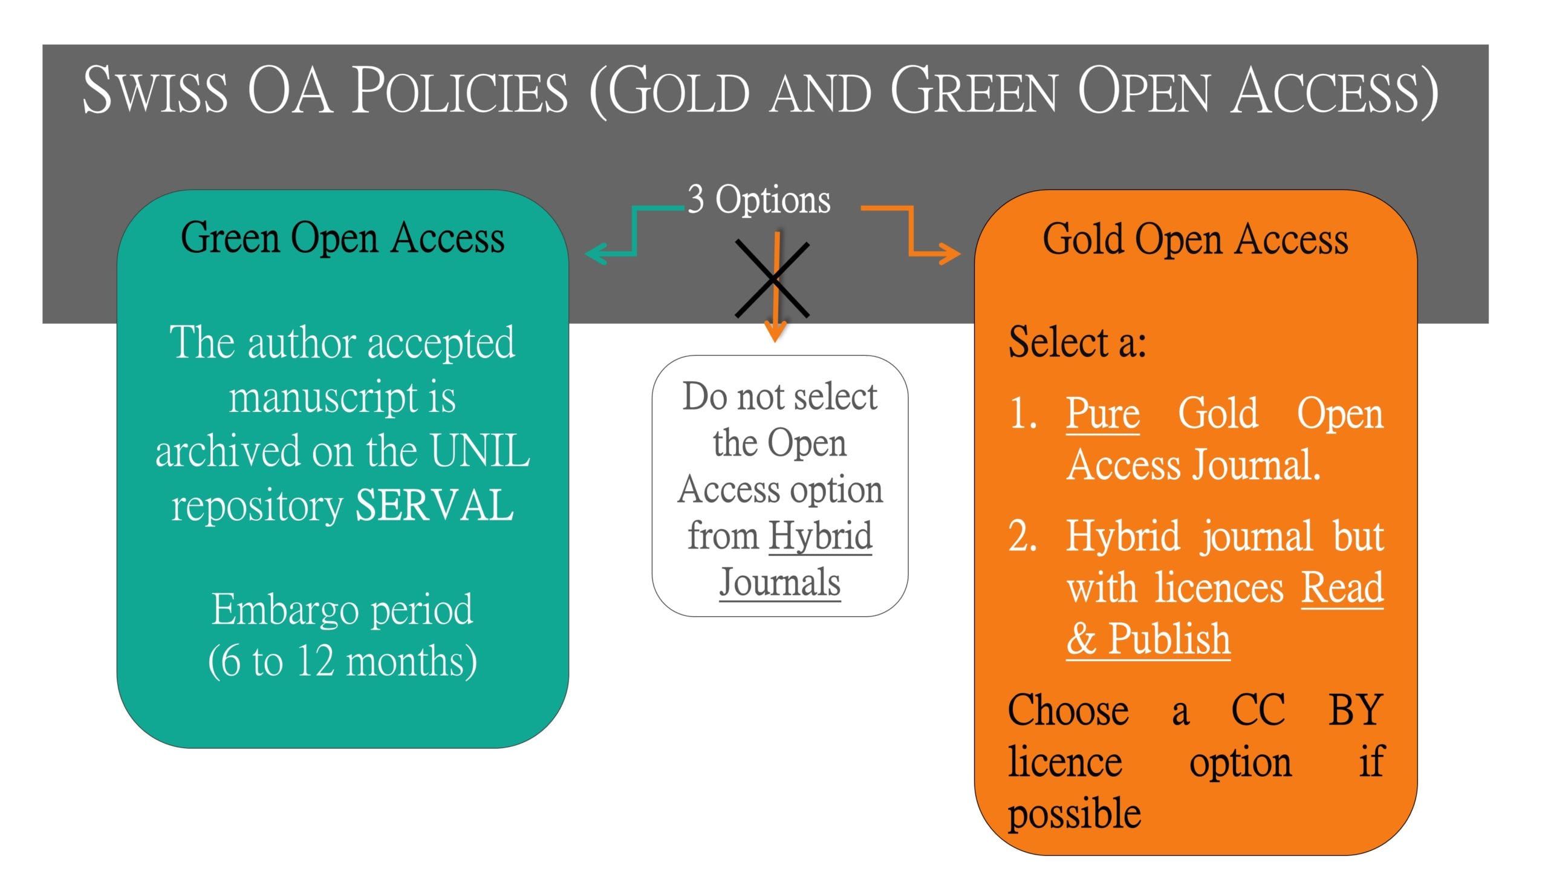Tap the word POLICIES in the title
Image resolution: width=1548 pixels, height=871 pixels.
pos(460,90)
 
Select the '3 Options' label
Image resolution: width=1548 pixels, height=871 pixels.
pos(759,199)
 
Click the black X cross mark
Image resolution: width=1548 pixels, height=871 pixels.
pos(772,279)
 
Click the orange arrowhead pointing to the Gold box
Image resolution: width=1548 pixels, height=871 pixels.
pos(949,253)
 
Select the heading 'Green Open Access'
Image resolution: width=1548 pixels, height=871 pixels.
pos(342,238)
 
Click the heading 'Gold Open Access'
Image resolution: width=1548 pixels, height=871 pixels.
pos(1195,239)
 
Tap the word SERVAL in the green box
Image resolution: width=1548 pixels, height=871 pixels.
pos(434,506)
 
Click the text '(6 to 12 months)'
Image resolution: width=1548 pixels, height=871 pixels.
pos(342,662)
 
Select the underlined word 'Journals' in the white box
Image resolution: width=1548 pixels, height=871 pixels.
pos(780,582)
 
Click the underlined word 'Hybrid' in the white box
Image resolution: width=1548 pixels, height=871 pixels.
pos(821,536)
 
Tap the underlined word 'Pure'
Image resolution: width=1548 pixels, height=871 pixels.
pos(1103,414)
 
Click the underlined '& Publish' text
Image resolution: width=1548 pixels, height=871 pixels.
pos(1148,639)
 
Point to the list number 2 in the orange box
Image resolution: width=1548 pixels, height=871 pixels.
pos(1023,536)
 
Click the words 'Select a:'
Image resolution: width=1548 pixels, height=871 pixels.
pos(1078,342)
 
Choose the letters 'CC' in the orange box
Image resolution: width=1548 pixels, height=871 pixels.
pos(1258,710)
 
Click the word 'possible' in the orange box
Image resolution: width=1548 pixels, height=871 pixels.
pos(1075,814)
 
